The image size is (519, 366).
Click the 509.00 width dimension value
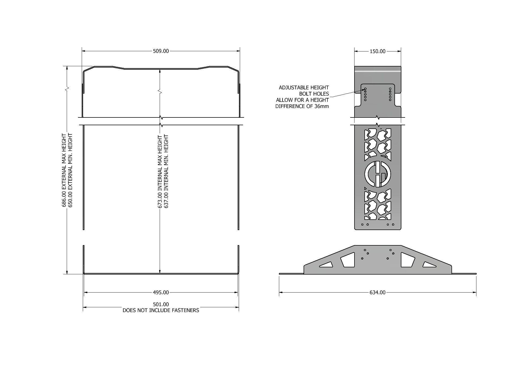[x=161, y=51]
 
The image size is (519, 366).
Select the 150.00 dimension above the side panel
[x=378, y=51]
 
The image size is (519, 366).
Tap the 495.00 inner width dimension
[x=161, y=292]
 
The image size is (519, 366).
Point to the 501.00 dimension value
[x=161, y=304]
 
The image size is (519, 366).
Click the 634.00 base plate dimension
[x=378, y=292]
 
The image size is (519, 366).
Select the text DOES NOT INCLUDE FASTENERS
[x=161, y=310]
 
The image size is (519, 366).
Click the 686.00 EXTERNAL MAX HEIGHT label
[x=64, y=170]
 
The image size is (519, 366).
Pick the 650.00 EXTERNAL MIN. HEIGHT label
[x=70, y=170]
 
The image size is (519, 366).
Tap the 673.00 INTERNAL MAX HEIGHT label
[x=160, y=172]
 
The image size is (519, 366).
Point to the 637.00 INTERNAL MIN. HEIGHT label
[x=166, y=172]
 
